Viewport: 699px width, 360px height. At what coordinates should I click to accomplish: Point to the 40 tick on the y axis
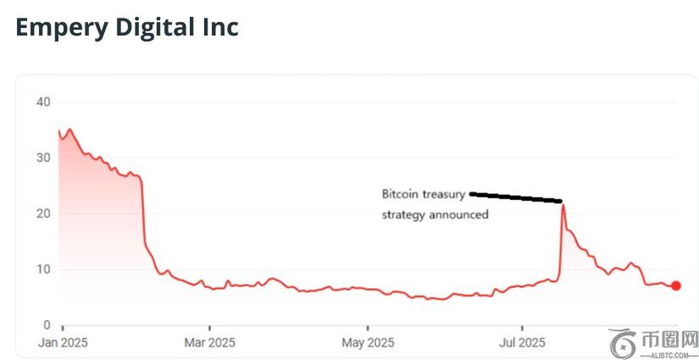click(43, 102)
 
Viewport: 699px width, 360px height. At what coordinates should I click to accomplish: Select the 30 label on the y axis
click(43, 158)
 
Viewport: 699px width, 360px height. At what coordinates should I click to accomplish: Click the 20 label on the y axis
click(43, 214)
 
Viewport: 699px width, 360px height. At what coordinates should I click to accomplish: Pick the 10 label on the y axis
click(43, 270)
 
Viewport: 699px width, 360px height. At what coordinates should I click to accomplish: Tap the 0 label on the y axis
click(47, 325)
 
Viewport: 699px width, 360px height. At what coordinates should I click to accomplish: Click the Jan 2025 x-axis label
click(63, 343)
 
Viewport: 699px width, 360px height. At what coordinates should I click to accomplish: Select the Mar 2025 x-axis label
click(210, 343)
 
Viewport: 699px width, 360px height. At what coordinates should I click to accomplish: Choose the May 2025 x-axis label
click(368, 343)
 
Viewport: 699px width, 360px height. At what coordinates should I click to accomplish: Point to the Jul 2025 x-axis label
click(522, 343)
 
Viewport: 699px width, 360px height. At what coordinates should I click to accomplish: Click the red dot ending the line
click(675, 285)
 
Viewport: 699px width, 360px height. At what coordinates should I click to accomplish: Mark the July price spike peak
click(563, 206)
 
